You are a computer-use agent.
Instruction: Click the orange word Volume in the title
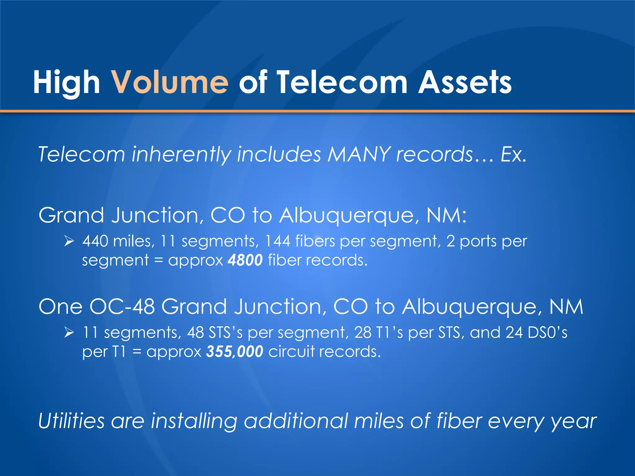coord(170,82)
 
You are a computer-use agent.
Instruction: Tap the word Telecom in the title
coord(342,82)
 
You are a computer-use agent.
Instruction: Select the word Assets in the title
coord(465,82)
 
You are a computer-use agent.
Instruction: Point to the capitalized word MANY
coord(359,154)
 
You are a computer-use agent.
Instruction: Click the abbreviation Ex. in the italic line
coord(513,154)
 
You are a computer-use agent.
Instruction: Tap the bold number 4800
coord(245,260)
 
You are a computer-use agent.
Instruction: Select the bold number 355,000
coord(235,351)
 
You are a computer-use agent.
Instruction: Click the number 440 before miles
coord(95,241)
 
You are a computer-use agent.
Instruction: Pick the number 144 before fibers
coord(278,241)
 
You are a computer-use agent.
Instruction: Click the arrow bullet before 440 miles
coord(69,241)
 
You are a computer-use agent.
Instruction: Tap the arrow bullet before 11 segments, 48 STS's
coord(69,333)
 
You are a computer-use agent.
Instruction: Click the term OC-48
coord(122,307)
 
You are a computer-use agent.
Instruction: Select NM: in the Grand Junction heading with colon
coord(446,215)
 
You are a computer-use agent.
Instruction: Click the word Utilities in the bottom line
coord(71,421)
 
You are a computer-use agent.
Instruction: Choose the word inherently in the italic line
coord(181,155)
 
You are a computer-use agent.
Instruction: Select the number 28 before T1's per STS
coord(362,333)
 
